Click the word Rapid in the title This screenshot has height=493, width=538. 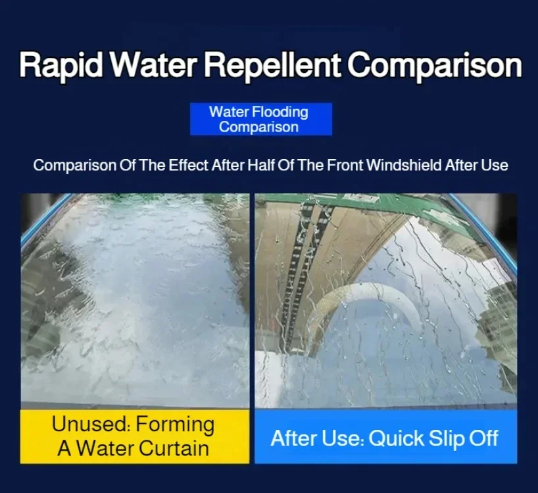coord(61,65)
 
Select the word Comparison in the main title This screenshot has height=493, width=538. coord(435,65)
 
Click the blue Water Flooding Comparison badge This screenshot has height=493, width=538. coord(260,119)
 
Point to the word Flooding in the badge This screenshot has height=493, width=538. coord(280,112)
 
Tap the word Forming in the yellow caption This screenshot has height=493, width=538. coord(176,425)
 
